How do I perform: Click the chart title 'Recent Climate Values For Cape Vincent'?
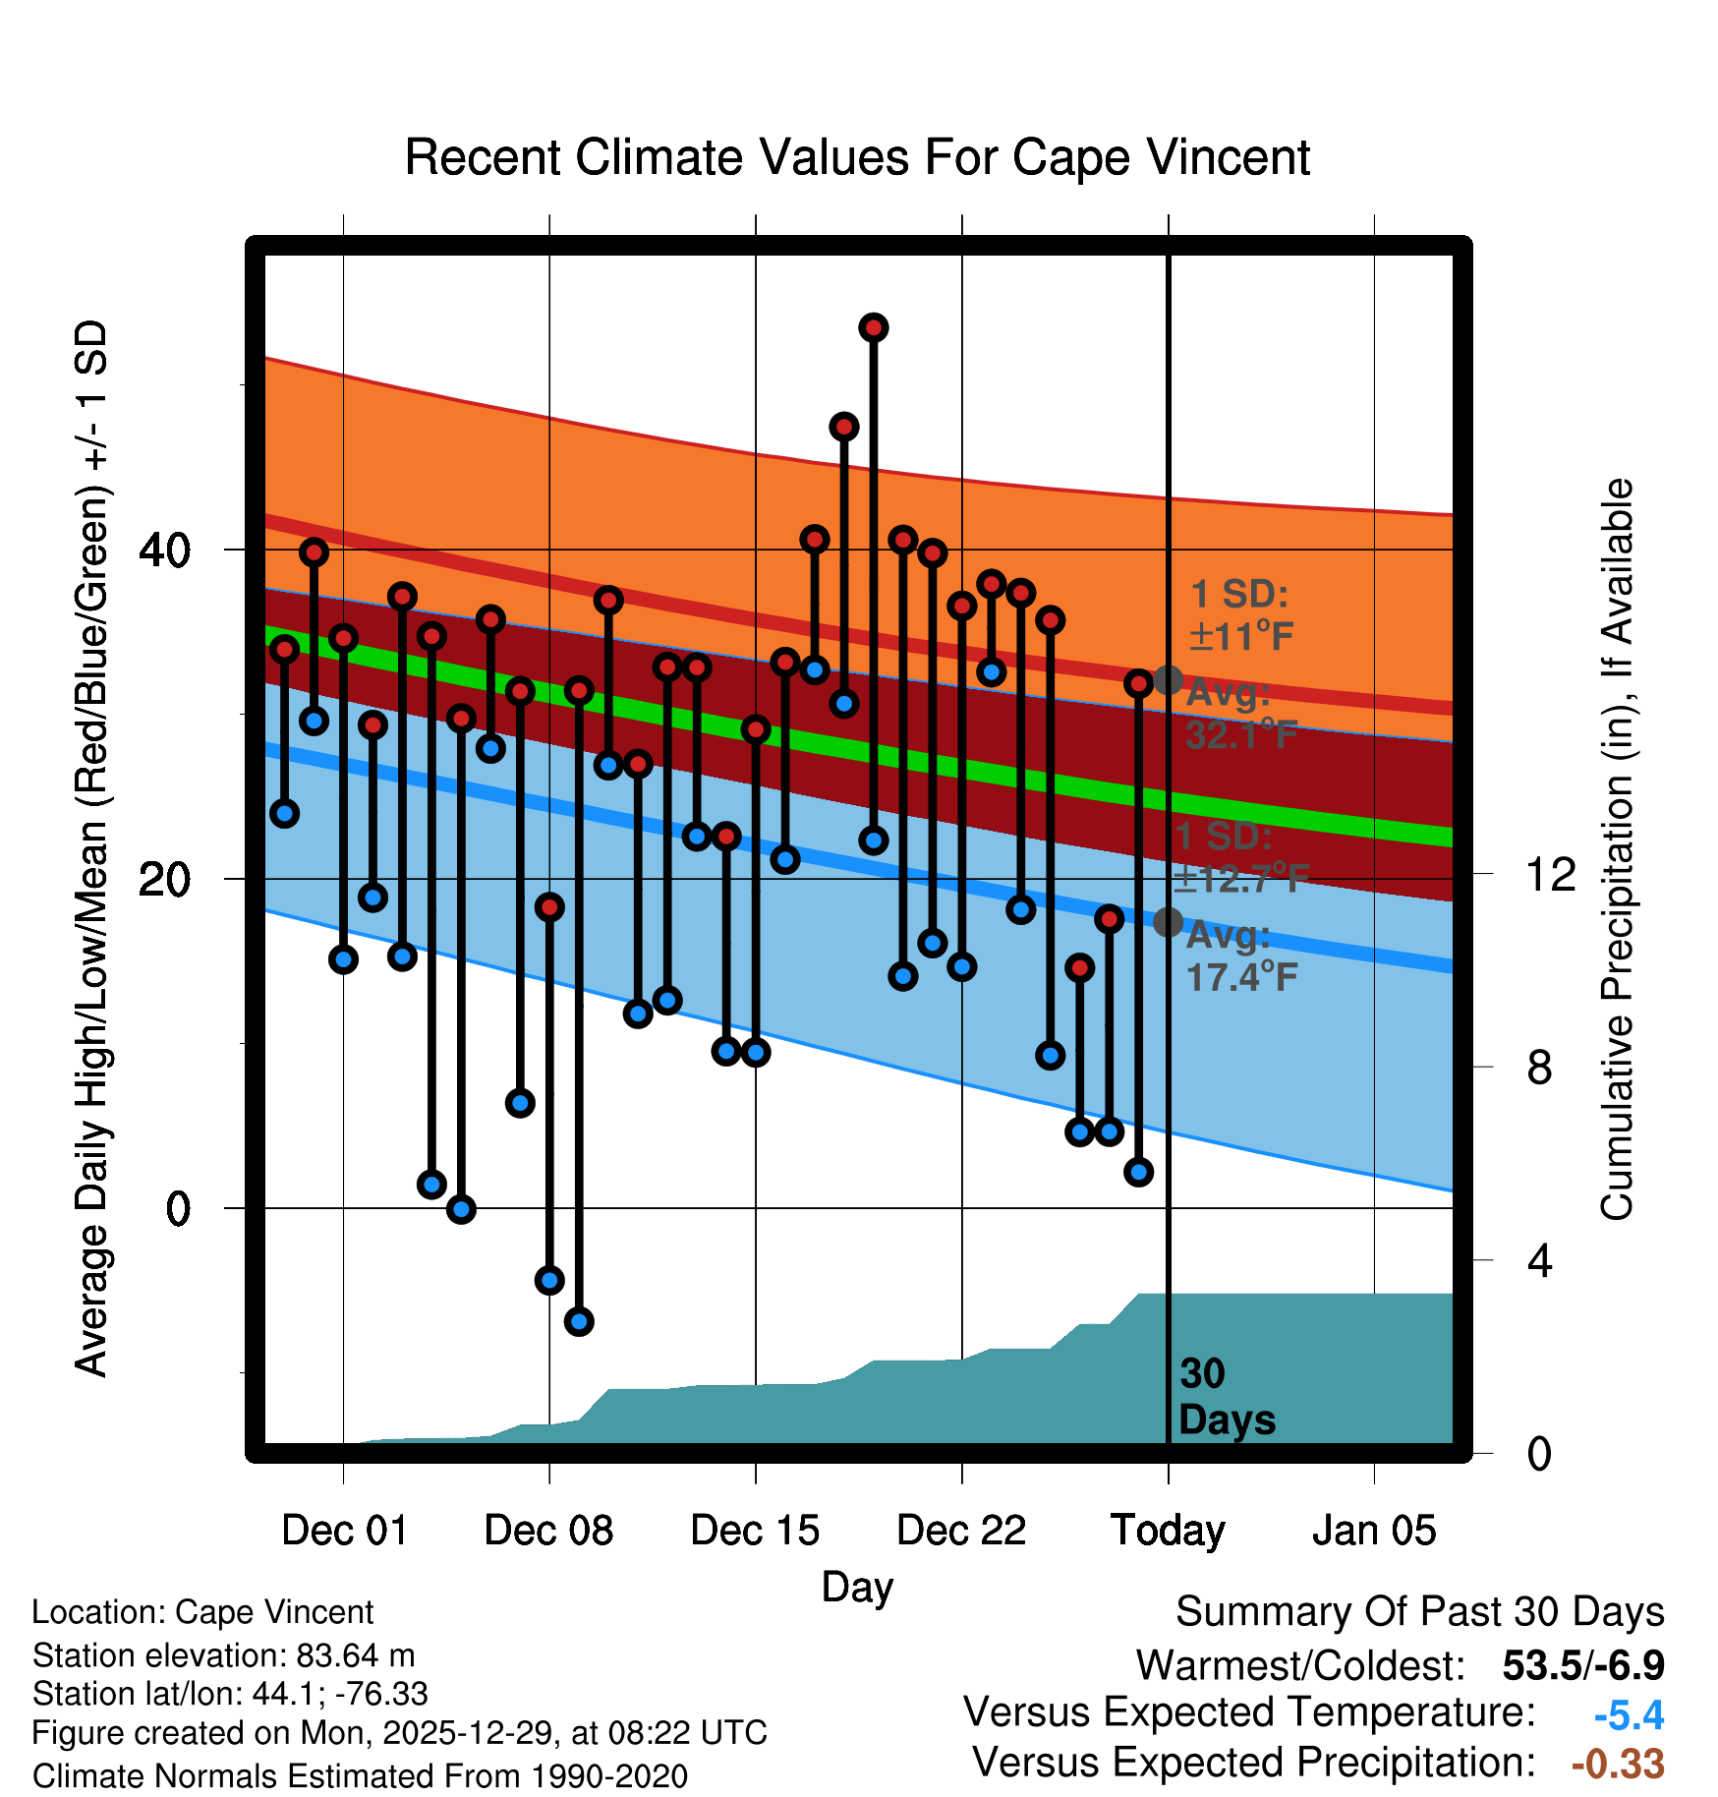857,157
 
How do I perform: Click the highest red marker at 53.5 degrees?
874,327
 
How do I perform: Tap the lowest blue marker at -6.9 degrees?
579,1321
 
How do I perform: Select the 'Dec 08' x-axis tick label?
548,1531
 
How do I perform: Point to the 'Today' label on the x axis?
1168,1531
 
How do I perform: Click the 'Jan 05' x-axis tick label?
1374,1531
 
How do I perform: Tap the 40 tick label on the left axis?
164,550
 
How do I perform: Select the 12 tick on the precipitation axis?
1550,874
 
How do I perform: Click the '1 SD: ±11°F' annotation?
1240,615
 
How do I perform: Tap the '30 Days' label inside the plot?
1226,1397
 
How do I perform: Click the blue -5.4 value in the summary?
1629,1715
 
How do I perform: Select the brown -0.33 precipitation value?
1618,1764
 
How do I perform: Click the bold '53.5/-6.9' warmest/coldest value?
1583,1665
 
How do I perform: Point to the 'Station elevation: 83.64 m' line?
223,1655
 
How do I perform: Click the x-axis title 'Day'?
857,1587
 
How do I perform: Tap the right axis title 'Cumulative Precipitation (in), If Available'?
1616,849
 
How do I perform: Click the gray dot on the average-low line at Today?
1168,922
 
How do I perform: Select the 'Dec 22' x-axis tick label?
961,1531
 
